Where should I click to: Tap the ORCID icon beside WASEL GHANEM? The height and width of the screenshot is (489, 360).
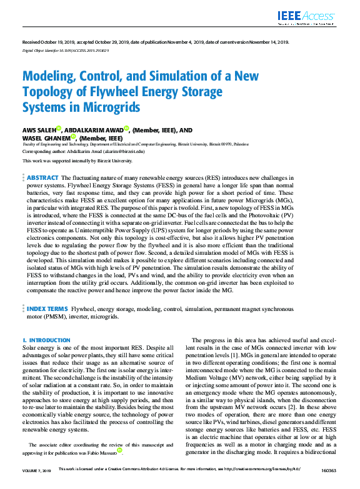[72, 136]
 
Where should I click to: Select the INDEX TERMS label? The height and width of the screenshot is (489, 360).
[47, 309]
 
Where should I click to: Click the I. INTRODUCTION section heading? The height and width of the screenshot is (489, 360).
[46, 340]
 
